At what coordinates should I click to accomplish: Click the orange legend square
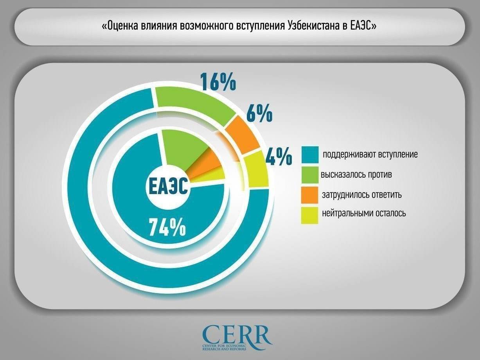(309, 194)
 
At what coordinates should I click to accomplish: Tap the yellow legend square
(309, 215)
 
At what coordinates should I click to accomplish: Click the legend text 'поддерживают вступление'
(370, 155)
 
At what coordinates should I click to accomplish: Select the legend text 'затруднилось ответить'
(362, 194)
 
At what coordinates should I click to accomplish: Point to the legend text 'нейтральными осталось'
(364, 213)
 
